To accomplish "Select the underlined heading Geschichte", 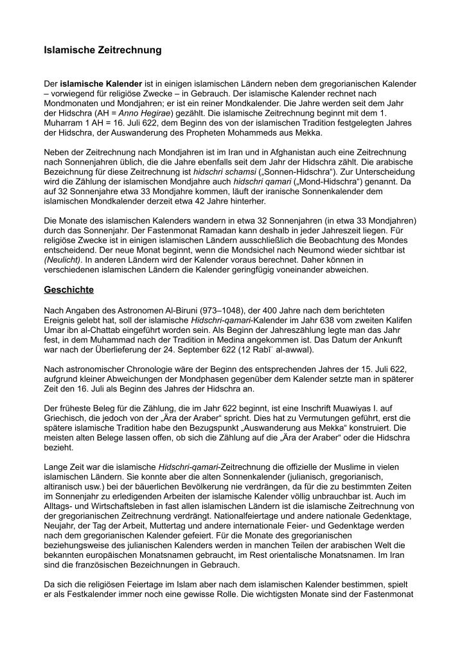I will [x=69, y=290].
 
